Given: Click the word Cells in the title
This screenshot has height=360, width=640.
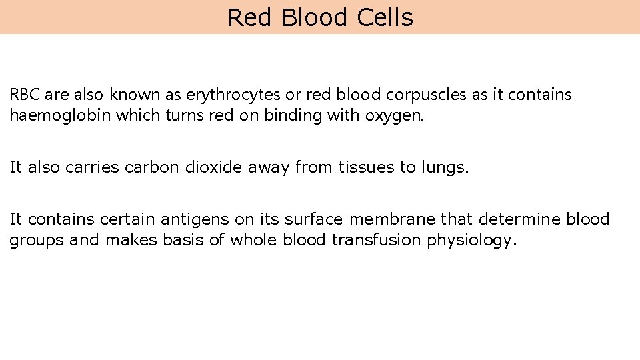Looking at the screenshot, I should pyautogui.click(x=385, y=17).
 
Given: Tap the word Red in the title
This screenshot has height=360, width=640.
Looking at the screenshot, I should pyautogui.click(x=249, y=17).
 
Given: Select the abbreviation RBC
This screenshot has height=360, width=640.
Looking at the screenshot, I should pyautogui.click(x=25, y=95).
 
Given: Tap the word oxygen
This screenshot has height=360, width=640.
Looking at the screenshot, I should pyautogui.click(x=394, y=116).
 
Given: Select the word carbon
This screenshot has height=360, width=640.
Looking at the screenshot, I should pyautogui.click(x=152, y=167).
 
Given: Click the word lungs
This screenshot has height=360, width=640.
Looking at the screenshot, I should pyautogui.click(x=444, y=167).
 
